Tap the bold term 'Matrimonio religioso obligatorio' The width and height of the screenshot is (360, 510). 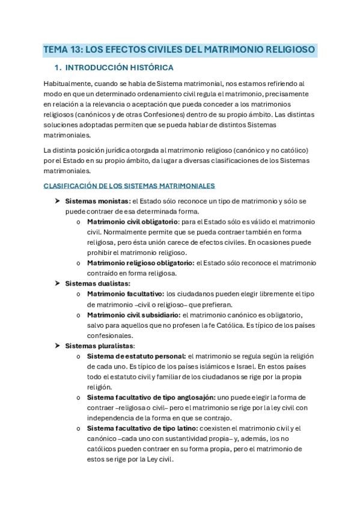pos(141,262)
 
